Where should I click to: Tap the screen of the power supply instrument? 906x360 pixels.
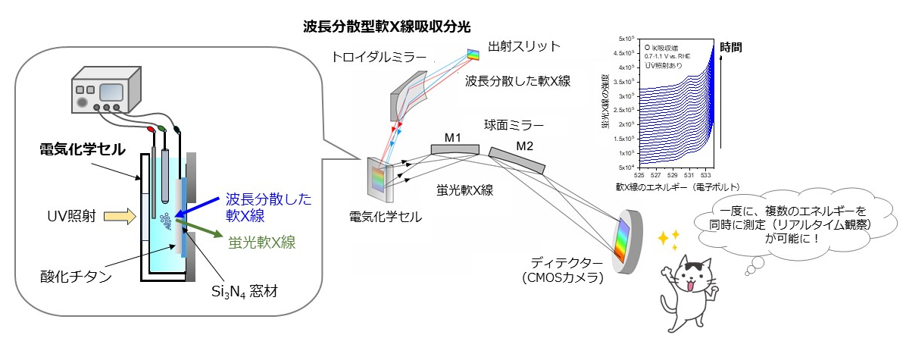coord(111,92)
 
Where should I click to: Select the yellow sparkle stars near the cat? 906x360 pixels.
coord(667,241)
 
